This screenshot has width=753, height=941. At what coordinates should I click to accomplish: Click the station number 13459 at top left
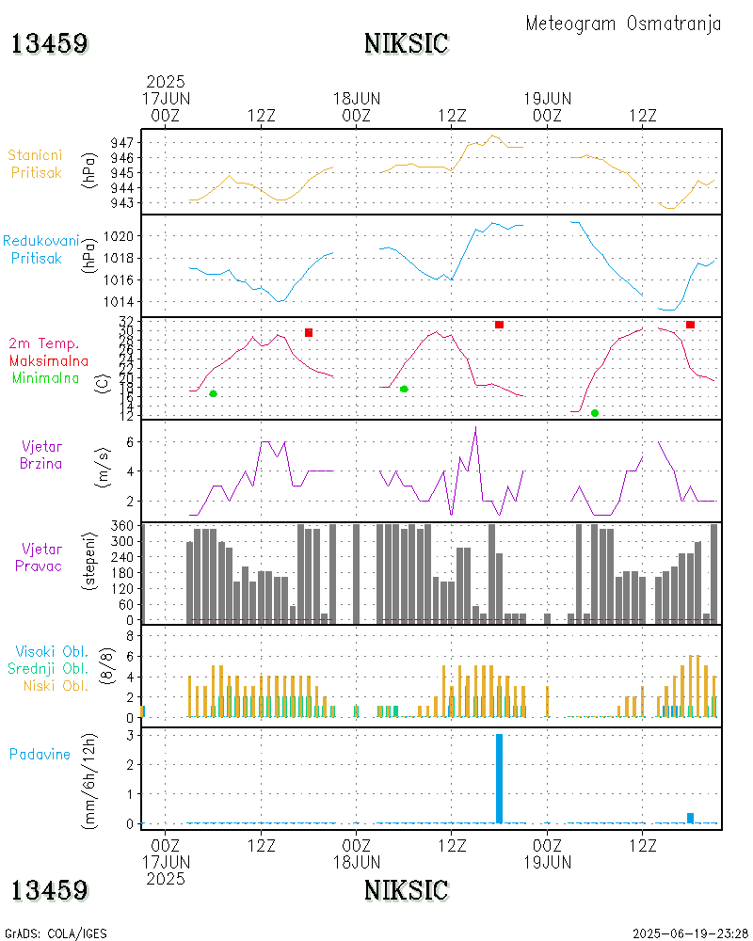pos(50,43)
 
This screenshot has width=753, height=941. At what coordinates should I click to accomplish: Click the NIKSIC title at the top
pos(406,43)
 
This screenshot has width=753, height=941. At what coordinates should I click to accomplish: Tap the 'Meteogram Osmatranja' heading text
pos(623,24)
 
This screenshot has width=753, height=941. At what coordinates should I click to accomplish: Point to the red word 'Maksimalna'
pos(49,360)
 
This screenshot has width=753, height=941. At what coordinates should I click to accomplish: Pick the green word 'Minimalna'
pos(46,377)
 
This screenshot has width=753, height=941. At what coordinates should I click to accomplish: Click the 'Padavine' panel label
pos(40,754)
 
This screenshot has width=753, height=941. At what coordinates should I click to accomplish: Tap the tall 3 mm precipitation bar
pos(499,778)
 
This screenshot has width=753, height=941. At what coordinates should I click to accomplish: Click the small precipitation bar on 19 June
pos(690,817)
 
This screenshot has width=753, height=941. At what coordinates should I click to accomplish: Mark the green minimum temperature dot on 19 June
pos(595,413)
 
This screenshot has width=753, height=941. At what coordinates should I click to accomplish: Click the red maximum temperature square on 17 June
pos(309,333)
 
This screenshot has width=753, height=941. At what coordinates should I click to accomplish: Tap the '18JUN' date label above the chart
pos(357,98)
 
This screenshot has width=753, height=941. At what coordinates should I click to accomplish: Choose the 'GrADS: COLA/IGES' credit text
pos(56,933)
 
